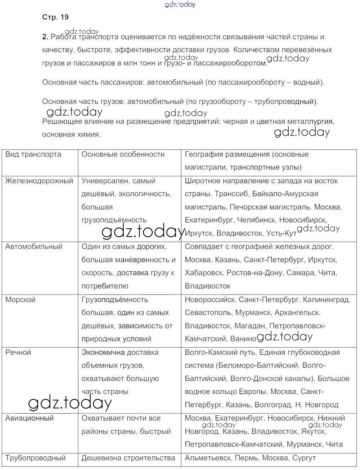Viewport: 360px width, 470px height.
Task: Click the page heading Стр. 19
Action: (x=55, y=17)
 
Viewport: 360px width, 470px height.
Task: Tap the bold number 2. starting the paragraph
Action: (x=45, y=37)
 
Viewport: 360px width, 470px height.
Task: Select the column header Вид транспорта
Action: (x=33, y=155)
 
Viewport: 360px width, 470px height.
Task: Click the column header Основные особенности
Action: (x=123, y=155)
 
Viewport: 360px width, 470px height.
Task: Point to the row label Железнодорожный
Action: (x=39, y=181)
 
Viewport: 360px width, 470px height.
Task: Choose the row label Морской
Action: (x=20, y=300)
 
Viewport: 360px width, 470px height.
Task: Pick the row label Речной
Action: (x=18, y=352)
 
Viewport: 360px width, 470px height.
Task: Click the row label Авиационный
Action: (x=29, y=418)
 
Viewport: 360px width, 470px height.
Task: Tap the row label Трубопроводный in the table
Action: (x=35, y=458)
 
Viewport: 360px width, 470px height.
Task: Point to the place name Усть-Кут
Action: (x=281, y=233)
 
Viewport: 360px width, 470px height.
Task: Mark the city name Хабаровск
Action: (x=203, y=273)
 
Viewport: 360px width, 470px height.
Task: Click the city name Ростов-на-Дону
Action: (x=254, y=273)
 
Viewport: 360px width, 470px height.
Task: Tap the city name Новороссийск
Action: (x=210, y=300)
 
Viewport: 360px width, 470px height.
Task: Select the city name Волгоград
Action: (x=273, y=405)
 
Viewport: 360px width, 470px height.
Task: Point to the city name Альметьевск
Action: (x=207, y=458)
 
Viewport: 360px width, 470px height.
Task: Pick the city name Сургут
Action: (x=304, y=458)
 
